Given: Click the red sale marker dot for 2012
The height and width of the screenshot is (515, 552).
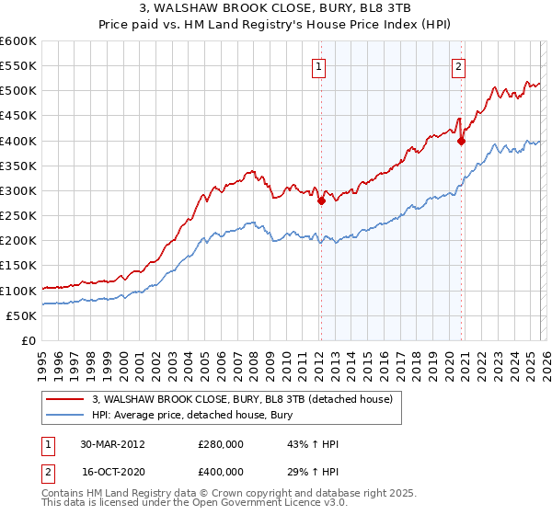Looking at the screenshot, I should pos(321,201).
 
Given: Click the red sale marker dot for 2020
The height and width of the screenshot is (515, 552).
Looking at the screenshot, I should pos(461,142).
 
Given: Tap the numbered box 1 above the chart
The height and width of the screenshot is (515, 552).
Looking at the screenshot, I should pos(318,65).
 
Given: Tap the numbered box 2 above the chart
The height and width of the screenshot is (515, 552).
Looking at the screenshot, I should pos(458,65).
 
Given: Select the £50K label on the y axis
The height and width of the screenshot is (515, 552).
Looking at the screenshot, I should pos(21,315).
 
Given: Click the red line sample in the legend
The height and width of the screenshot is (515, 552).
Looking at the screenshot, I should pos(66,399).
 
